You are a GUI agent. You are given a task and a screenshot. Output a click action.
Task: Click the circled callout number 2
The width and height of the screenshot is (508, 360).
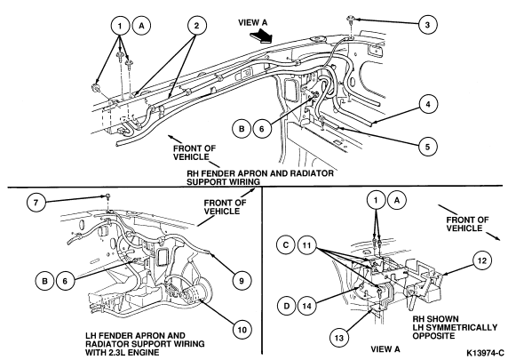(196, 25)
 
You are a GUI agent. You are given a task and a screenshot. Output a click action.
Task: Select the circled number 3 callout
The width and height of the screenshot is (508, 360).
(427, 24)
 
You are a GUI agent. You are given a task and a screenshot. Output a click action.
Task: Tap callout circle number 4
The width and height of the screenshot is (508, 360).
(428, 104)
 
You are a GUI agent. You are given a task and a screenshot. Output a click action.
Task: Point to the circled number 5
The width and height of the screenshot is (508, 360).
(428, 147)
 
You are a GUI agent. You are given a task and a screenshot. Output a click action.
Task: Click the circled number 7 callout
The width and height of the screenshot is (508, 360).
(36, 203)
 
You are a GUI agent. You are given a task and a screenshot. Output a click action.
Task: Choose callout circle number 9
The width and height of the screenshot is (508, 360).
(242, 281)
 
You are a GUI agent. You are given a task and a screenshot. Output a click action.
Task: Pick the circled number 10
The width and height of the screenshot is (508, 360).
(242, 330)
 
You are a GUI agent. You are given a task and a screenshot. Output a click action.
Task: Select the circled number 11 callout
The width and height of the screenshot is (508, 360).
(306, 245)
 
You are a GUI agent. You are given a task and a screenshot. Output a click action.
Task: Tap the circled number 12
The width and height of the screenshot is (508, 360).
(482, 260)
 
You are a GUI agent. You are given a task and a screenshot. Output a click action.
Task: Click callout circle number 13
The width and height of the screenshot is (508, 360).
(339, 338)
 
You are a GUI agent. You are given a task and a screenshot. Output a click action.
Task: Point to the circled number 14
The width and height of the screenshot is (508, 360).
(307, 306)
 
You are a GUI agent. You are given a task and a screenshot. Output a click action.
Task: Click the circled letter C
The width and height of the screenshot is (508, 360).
(286, 244)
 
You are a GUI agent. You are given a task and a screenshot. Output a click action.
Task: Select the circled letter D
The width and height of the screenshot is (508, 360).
(286, 306)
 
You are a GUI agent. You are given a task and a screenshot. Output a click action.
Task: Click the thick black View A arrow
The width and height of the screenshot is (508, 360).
(261, 35)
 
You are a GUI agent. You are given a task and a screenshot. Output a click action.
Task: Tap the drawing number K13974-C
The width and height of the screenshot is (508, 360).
(485, 353)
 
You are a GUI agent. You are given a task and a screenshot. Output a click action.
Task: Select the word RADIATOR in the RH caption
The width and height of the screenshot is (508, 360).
(312, 173)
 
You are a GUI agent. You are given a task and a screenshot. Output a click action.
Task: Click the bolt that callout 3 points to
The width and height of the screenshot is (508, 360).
(351, 20)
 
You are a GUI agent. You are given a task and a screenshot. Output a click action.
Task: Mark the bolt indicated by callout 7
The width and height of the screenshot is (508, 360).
(107, 196)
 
